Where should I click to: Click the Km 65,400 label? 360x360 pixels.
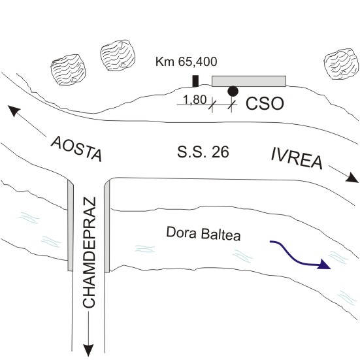tap(186, 61)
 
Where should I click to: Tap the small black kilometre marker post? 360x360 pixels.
tap(195, 81)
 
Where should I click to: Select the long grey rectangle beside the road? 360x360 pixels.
tap(249, 81)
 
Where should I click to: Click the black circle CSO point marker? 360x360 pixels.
tap(233, 91)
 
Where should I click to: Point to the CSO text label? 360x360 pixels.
tap(265, 103)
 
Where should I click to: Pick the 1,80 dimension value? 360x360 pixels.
tap(195, 100)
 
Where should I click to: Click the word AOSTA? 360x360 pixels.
tap(76, 149)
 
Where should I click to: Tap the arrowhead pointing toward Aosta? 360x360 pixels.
tap(14, 111)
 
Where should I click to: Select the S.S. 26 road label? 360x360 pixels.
tap(203, 152)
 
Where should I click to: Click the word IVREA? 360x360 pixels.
tap(297, 159)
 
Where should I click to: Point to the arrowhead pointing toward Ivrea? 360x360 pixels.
tap(352, 178)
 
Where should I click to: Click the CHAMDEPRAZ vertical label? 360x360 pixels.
tap(89, 252)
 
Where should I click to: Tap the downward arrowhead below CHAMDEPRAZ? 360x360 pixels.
tap(88, 350)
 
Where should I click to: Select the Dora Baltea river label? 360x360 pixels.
tap(203, 233)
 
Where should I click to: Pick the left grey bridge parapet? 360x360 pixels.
tap(71, 225)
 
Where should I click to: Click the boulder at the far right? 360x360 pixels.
tap(341, 64)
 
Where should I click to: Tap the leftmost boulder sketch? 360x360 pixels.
tap(69, 69)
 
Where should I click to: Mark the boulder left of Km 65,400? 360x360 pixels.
tap(118, 56)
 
